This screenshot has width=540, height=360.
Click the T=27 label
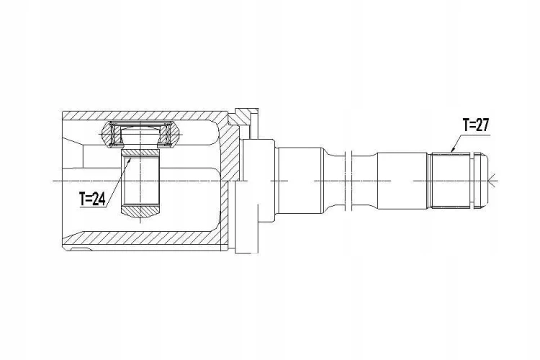[476, 125]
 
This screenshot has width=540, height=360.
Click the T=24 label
[93, 199]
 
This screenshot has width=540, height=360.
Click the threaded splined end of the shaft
[449, 180]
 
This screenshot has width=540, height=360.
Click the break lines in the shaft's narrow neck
[348, 180]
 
